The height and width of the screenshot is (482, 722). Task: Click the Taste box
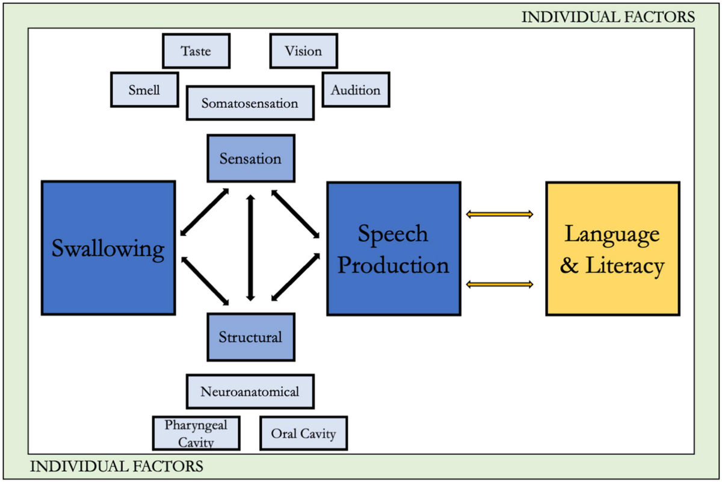tap(196, 51)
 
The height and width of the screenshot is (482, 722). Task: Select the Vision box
tap(303, 51)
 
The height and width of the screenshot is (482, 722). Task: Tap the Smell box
tap(144, 90)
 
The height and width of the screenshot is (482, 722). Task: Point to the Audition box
tap(355, 90)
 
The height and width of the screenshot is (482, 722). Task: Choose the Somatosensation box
tap(250, 103)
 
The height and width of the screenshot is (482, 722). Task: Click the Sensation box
tap(250, 158)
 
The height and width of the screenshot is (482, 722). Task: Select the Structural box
tap(250, 336)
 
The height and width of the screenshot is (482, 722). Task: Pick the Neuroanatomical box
tap(250, 392)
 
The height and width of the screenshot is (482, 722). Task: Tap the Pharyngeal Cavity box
tap(196, 433)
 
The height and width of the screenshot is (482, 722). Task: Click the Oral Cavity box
tap(303, 433)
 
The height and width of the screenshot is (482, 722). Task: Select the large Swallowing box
tap(108, 248)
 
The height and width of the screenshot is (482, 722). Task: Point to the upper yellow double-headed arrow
tap(500, 213)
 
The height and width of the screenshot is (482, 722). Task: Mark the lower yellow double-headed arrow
tap(500, 284)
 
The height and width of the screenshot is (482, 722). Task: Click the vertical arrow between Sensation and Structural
tap(250, 248)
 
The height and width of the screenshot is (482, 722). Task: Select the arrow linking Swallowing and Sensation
tap(205, 212)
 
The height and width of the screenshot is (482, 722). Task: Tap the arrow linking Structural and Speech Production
tap(295, 277)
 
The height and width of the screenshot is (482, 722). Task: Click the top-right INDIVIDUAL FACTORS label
tap(608, 16)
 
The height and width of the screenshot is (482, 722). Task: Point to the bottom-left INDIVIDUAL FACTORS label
tap(116, 466)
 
